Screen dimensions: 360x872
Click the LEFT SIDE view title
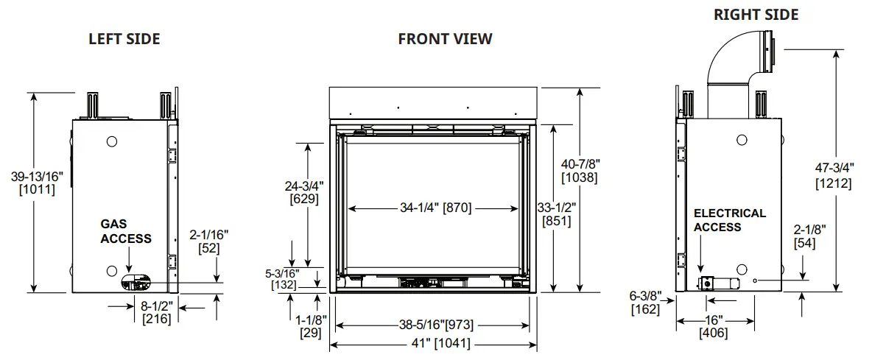pyautogui.click(x=124, y=38)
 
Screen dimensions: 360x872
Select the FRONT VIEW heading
pyautogui.click(x=445, y=38)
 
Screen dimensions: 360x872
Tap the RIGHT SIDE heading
pyautogui.click(x=756, y=15)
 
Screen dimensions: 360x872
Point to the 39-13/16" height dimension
pyautogui.click(x=37, y=176)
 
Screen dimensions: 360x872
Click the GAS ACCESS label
pyautogui.click(x=126, y=231)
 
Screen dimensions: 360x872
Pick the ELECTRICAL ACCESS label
pyautogui.click(x=729, y=220)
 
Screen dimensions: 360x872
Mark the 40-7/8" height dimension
pyautogui.click(x=579, y=163)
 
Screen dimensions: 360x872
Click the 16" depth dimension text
pyautogui.click(x=712, y=320)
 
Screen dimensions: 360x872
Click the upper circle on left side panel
pyautogui.click(x=111, y=141)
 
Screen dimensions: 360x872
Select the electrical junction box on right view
pyautogui.click(x=706, y=283)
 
